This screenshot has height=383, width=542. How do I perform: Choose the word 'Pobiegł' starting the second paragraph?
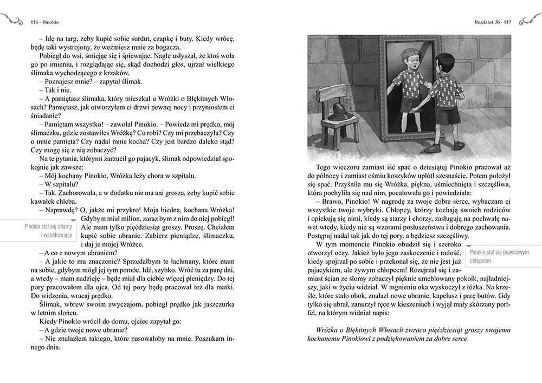[x=52, y=55]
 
